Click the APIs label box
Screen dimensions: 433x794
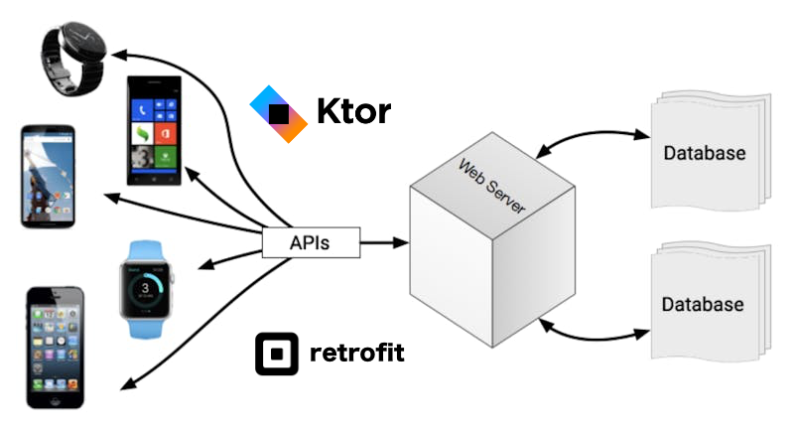[310, 241]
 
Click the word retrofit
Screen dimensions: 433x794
[357, 353]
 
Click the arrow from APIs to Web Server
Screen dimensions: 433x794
[383, 241]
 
